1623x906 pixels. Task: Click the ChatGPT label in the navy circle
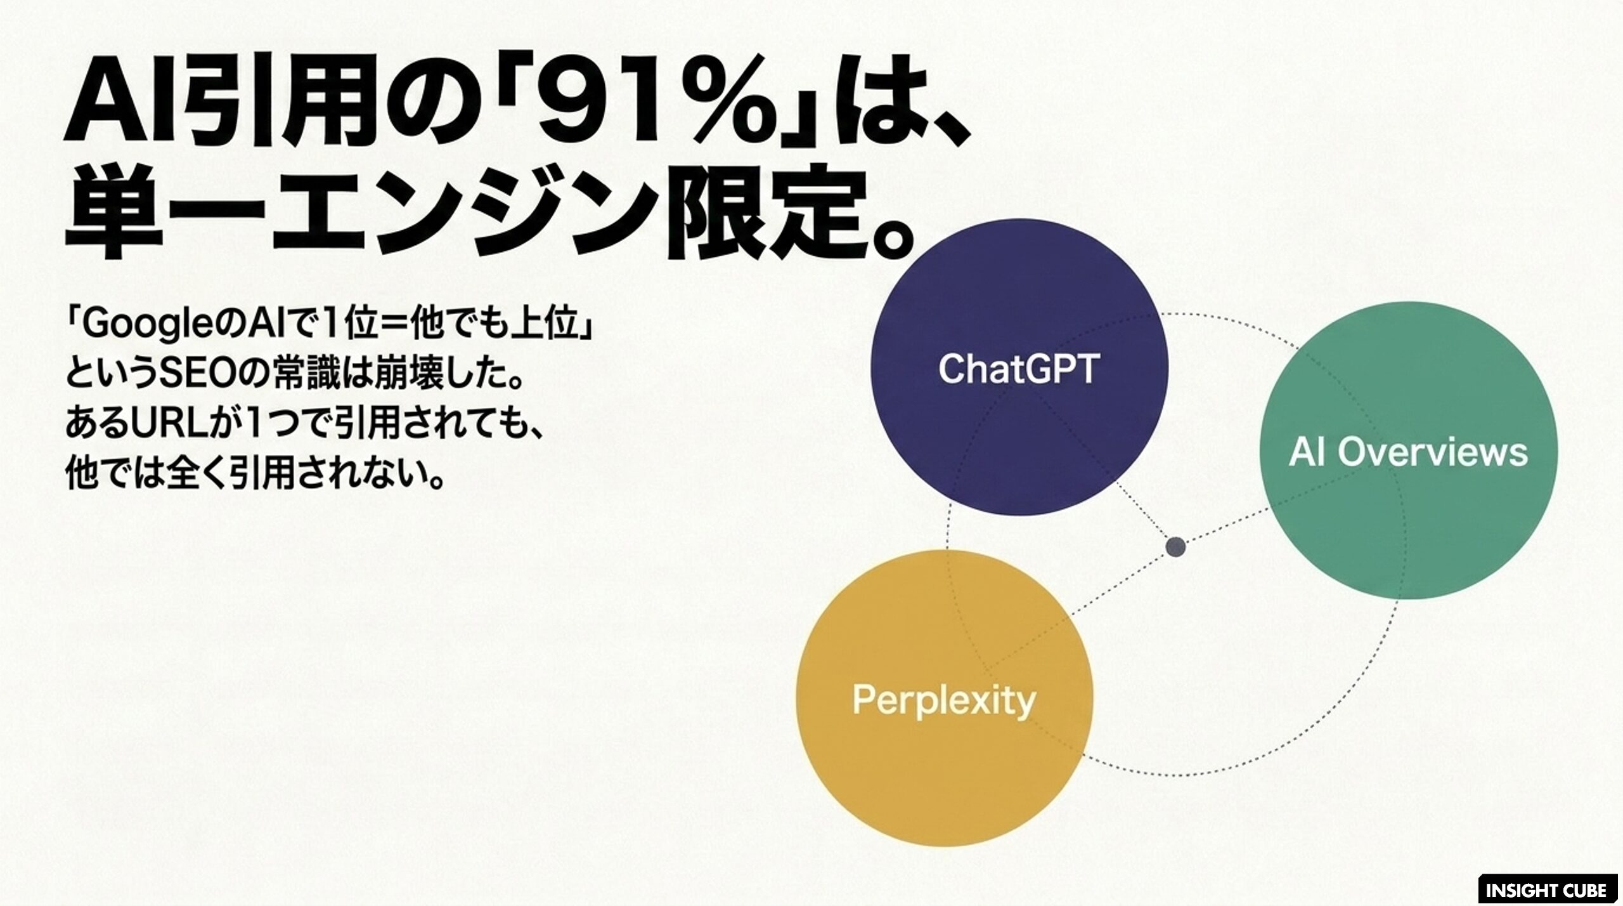coord(1018,369)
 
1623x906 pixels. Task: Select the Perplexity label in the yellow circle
coord(944,701)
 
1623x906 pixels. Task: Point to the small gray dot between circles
coord(1176,546)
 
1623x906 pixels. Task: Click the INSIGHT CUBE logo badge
coord(1546,890)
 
